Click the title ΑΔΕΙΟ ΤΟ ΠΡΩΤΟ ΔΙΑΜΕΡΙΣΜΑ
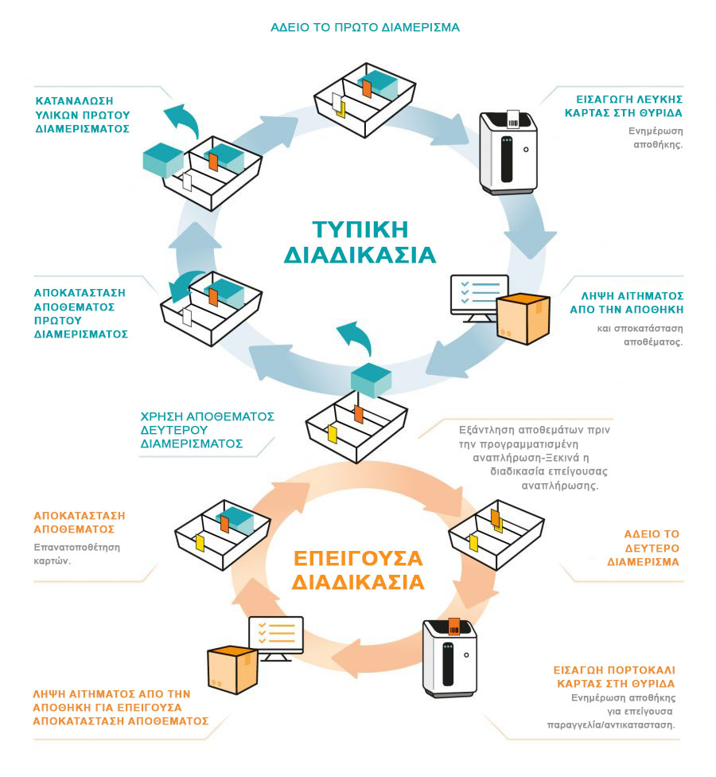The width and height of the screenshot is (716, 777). coord(365,27)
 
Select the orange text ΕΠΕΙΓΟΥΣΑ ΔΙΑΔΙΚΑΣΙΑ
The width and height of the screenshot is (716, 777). coord(357,568)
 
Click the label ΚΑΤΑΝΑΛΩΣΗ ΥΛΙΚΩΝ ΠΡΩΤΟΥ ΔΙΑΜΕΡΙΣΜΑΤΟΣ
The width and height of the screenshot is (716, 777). coord(83,114)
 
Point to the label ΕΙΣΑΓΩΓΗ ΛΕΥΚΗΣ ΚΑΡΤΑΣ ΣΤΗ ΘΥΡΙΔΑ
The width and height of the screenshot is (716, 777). coord(629,107)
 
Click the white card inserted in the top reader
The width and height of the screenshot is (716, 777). coord(513,119)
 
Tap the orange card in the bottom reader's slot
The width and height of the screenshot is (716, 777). coord(454,626)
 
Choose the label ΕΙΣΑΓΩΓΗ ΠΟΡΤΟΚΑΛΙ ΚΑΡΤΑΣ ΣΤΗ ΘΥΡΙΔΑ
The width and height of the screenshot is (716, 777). coord(614,677)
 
